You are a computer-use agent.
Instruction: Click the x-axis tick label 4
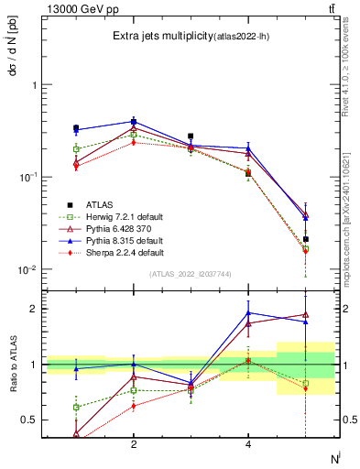[248, 444]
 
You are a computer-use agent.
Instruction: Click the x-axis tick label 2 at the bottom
[134, 444]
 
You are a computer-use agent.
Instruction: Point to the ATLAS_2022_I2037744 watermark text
[191, 274]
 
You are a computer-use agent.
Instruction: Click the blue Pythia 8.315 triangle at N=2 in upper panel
[134, 121]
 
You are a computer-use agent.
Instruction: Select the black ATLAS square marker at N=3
[191, 136]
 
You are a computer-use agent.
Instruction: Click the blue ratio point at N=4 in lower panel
[248, 312]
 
